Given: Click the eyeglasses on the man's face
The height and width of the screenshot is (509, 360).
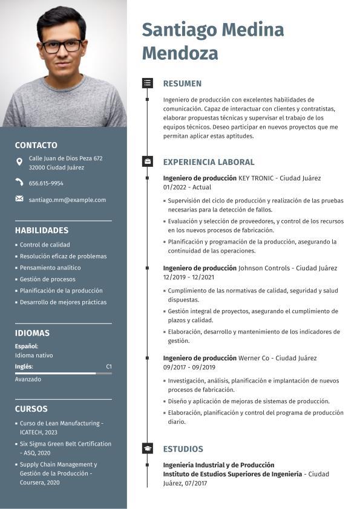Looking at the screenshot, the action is coord(62,46).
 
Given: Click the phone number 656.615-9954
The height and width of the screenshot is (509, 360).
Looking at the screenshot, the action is coord(46,183).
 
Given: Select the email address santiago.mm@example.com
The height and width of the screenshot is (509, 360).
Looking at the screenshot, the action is coord(67,199).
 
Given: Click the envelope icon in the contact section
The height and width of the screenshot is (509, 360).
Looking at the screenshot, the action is coord(19,199).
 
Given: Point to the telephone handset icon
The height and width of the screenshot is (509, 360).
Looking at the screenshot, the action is coord(19,183).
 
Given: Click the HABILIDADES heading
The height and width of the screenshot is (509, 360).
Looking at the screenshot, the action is coord(42,230).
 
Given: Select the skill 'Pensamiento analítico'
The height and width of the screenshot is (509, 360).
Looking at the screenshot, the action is coord(50,268).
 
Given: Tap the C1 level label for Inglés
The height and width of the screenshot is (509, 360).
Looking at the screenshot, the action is coord(109,366).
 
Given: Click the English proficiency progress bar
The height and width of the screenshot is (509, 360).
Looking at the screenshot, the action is coord(63,374).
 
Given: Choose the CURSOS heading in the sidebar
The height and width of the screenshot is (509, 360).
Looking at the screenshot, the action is coord(31,409).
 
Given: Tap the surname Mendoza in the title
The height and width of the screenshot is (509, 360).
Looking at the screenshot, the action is coord(180,53).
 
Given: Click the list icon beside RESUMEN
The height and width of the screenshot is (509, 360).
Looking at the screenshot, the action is coord(148,83).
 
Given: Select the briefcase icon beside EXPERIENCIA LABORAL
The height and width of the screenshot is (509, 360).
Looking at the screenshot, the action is coord(148,161).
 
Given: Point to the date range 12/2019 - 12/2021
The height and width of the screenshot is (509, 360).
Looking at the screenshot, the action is coord(189,277).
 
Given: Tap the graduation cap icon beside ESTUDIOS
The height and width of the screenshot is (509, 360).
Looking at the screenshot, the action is coord(148,449).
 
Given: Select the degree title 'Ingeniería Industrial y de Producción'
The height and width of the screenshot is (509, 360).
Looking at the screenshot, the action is coord(218,465).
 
